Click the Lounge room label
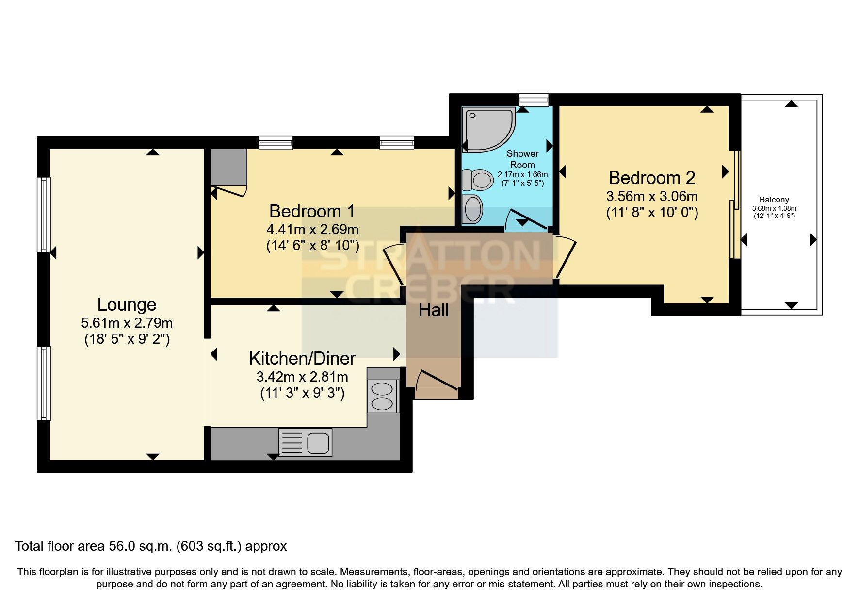127,304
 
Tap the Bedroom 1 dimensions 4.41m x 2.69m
312,229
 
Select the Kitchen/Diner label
302,358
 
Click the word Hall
433,310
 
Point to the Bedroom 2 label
651,178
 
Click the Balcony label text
774,200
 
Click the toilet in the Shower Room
477,180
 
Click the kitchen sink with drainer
305,442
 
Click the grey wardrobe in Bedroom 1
228,167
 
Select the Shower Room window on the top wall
533,100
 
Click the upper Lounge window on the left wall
44,214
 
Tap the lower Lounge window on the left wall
44,383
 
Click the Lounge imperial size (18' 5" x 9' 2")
127,339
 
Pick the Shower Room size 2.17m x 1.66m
522,174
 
